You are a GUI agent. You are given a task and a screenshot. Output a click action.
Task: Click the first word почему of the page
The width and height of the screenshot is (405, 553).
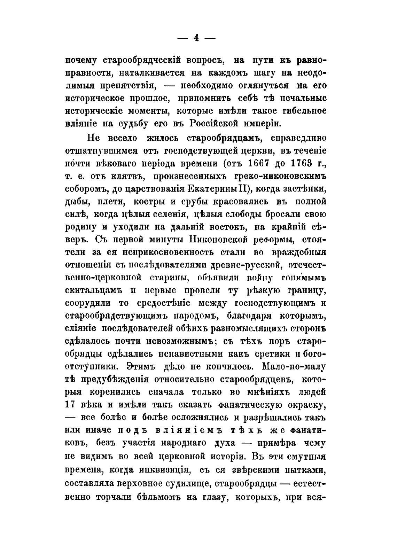click(x=81, y=61)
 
